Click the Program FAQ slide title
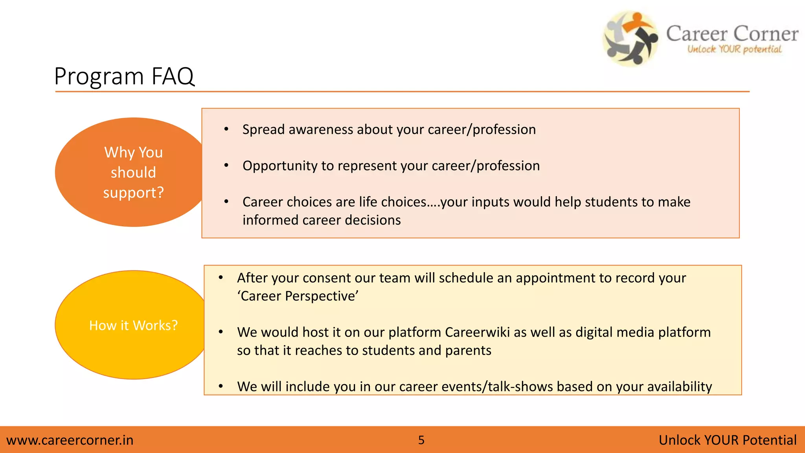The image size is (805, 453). point(124,76)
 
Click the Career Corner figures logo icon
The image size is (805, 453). point(630,39)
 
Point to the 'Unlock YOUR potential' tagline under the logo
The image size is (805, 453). point(734,50)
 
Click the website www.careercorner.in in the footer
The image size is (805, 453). point(70,440)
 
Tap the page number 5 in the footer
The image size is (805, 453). point(421,440)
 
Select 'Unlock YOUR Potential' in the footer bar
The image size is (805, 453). point(727,440)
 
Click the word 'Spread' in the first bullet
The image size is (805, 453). point(263,130)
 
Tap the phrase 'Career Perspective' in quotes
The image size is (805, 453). point(298,296)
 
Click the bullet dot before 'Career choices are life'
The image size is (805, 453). point(226,202)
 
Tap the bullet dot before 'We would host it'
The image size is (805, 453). point(221,332)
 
